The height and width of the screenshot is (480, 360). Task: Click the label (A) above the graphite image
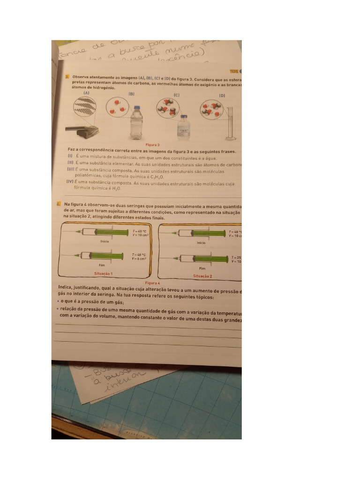pyautogui.click(x=86, y=93)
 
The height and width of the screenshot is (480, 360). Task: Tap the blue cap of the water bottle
pyautogui.click(x=136, y=107)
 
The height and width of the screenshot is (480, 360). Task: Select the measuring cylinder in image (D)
pyautogui.click(x=230, y=123)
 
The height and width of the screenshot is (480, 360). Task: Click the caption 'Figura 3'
pyautogui.click(x=153, y=145)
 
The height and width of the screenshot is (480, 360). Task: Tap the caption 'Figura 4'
pyautogui.click(x=153, y=283)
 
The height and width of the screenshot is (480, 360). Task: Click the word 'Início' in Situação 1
pyautogui.click(x=105, y=241)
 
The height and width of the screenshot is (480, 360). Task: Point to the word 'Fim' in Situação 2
pyautogui.click(x=202, y=269)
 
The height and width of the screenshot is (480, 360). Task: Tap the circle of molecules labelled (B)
pyautogui.click(x=117, y=107)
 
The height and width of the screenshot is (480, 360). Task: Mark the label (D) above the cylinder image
pyautogui.click(x=222, y=95)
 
